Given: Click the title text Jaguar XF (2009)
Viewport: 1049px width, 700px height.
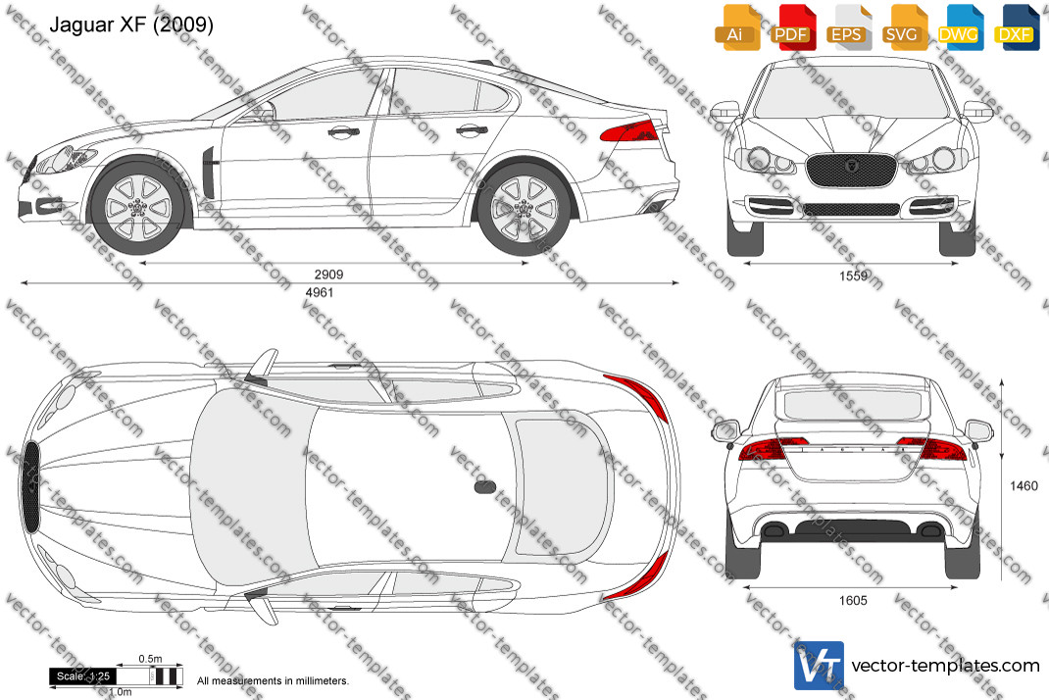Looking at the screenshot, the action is (x=131, y=25).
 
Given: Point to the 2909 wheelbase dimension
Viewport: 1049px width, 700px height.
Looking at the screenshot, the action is (x=329, y=275).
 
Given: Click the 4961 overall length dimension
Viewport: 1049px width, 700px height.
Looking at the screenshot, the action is (x=320, y=292).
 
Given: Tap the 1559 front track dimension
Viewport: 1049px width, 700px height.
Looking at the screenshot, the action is (x=853, y=275).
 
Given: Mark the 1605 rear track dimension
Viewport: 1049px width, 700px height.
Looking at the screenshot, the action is (x=853, y=600).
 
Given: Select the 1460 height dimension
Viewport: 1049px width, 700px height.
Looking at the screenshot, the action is (x=1024, y=486).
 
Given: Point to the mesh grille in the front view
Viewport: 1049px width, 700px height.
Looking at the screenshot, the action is (x=851, y=170).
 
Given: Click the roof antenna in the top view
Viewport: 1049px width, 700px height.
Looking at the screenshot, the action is (x=485, y=486).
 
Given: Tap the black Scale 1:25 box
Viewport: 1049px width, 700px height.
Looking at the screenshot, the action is (x=83, y=676).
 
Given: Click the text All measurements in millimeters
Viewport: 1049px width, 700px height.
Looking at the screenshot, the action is (x=273, y=681).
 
